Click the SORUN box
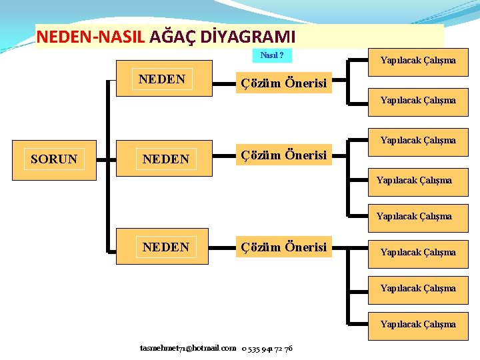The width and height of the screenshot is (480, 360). pos(54,159)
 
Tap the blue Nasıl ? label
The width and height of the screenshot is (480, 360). pos(272,55)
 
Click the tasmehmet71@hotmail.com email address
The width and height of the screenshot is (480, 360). pos(188,348)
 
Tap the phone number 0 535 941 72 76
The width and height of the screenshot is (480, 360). pos(267,348)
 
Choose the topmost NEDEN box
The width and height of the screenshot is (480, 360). pos(162,79)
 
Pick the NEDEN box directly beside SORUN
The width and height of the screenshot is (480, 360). pos(166,159)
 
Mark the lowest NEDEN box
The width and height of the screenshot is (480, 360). pos(166,247)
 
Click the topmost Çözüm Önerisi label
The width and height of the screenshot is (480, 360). pos(284,83)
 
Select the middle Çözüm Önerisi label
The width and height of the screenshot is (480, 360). pos(284,155)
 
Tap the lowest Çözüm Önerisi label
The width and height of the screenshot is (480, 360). pos(284,247)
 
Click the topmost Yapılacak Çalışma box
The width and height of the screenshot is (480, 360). pos(418,60)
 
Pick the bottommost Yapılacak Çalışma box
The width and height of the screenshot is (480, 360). pos(418,324)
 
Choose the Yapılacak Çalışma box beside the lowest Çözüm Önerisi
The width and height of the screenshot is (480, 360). pos(418,252)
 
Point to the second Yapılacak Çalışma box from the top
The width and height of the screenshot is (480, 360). pos(418,100)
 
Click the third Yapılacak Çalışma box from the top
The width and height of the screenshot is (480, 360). pos(418,140)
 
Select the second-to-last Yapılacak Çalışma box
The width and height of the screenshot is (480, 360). pos(418,288)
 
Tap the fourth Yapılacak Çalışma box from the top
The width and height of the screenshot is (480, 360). pos(414,180)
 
